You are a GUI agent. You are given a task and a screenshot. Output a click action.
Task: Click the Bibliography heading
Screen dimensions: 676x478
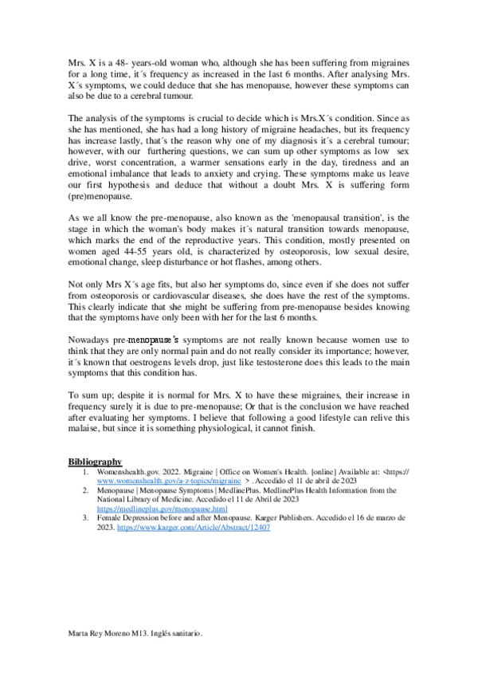pyautogui.click(x=95, y=462)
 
